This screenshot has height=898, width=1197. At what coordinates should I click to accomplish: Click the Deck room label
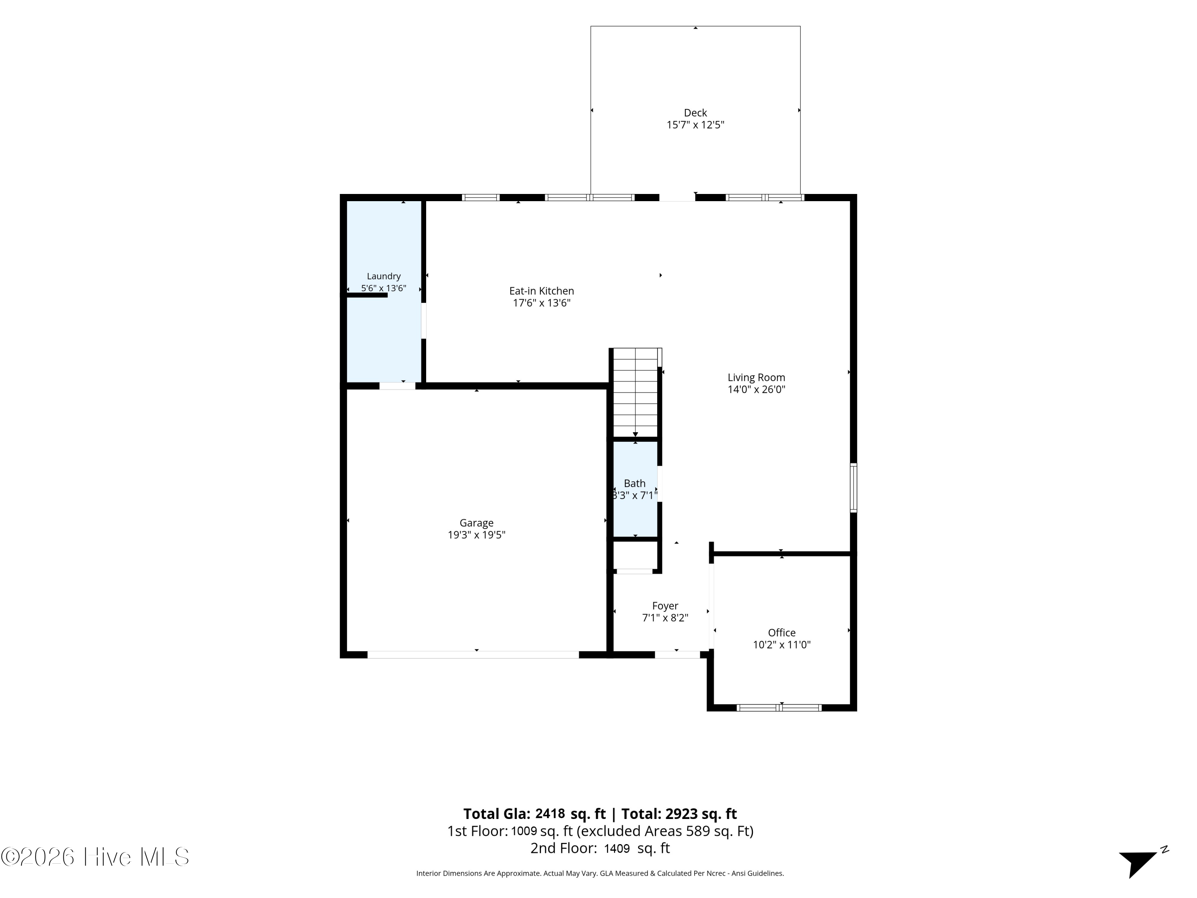pyautogui.click(x=695, y=113)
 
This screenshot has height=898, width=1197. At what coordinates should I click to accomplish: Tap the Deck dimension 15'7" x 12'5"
pyautogui.click(x=695, y=125)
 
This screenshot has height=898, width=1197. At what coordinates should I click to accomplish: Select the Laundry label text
pyautogui.click(x=384, y=276)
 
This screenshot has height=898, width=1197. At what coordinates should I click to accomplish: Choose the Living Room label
pyautogui.click(x=756, y=377)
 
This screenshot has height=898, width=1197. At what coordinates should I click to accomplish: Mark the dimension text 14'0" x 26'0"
pyautogui.click(x=756, y=389)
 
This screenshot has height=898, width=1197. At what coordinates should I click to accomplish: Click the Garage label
pyautogui.click(x=476, y=523)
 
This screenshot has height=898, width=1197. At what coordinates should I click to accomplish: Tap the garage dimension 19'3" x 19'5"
pyautogui.click(x=476, y=535)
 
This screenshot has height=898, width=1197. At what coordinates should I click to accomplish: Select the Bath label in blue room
pyautogui.click(x=635, y=483)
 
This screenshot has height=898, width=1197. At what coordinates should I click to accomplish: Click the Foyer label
pyautogui.click(x=665, y=606)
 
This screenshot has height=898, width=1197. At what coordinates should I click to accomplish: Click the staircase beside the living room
pyautogui.click(x=635, y=392)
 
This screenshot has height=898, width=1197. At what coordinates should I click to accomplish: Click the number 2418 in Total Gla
pyautogui.click(x=550, y=813)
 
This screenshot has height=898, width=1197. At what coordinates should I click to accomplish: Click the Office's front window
pyautogui.click(x=779, y=708)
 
